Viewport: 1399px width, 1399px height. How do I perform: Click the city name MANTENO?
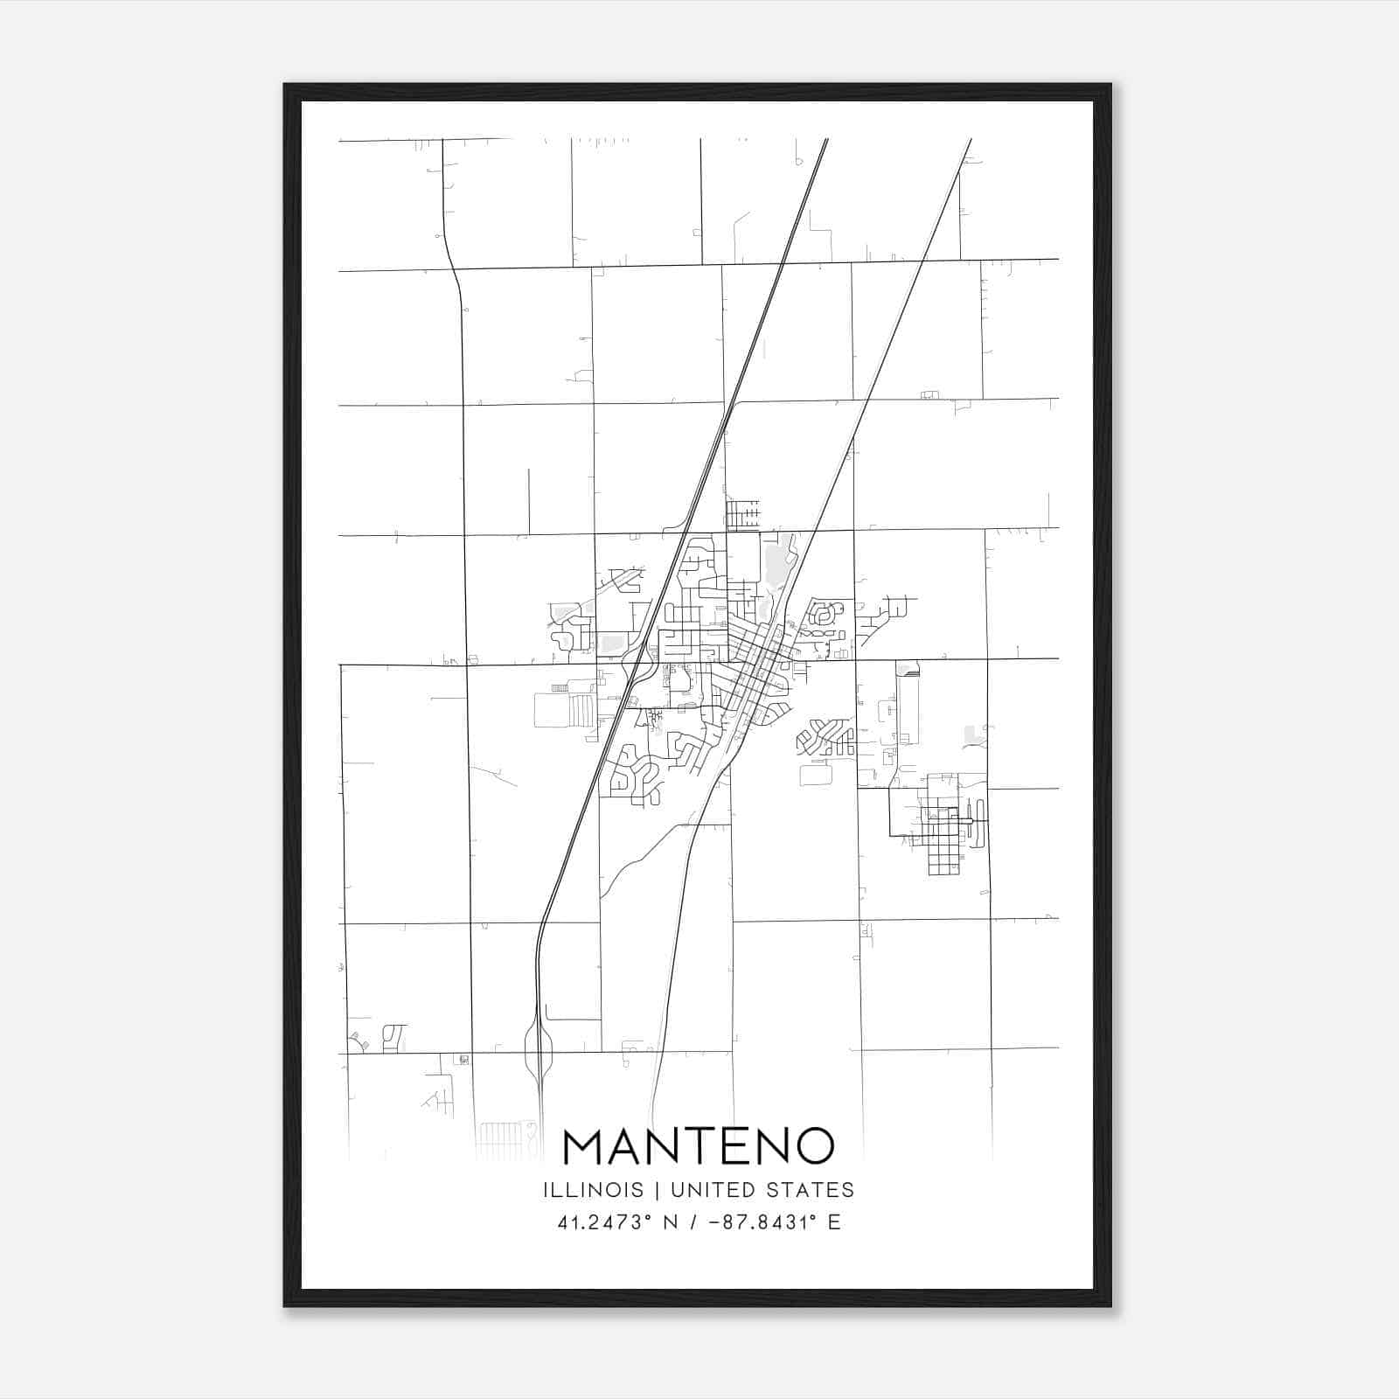(x=699, y=1146)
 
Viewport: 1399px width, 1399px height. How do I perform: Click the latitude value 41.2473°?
(x=606, y=1222)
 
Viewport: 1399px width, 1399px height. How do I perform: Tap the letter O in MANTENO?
(x=811, y=1146)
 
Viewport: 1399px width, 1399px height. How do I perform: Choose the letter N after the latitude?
(x=672, y=1222)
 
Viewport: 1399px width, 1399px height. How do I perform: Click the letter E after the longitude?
(x=834, y=1222)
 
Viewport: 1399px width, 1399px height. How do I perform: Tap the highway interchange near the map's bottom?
(x=539, y=1049)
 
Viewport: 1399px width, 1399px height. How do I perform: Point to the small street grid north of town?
(x=743, y=513)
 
